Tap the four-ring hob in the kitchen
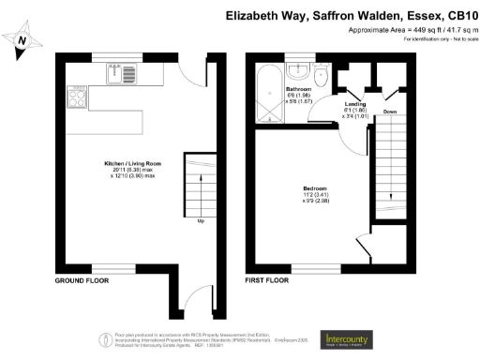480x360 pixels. point(75,93)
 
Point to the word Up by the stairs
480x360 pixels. point(200,222)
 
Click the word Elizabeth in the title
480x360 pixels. point(255,16)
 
